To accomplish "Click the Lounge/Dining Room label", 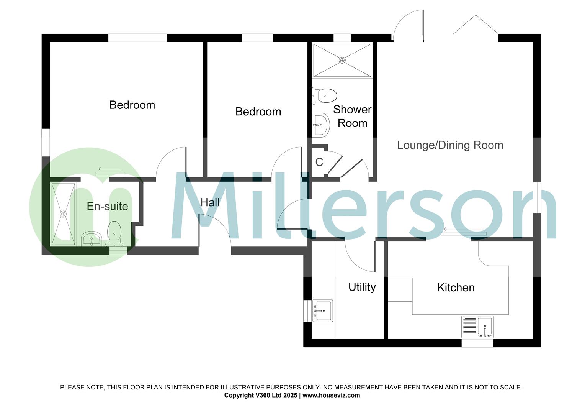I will pyautogui.click(x=450, y=145).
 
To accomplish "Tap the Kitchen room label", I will pyautogui.click(x=456, y=287).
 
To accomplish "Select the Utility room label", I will pyautogui.click(x=362, y=287).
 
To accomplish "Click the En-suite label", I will pyautogui.click(x=107, y=206).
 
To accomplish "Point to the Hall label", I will pyautogui.click(x=210, y=202).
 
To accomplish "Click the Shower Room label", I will pyautogui.click(x=352, y=116).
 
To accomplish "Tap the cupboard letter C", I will pyautogui.click(x=319, y=162).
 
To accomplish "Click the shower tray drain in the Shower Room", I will pyautogui.click(x=342, y=60).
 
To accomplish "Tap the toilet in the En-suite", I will pyautogui.click(x=114, y=234).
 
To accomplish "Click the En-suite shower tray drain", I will pyautogui.click(x=64, y=214).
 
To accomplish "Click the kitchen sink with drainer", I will pyautogui.click(x=477, y=327).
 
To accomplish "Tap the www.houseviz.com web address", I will pyautogui.click(x=331, y=395).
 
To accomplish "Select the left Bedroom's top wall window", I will pyautogui.click(x=137, y=38).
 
